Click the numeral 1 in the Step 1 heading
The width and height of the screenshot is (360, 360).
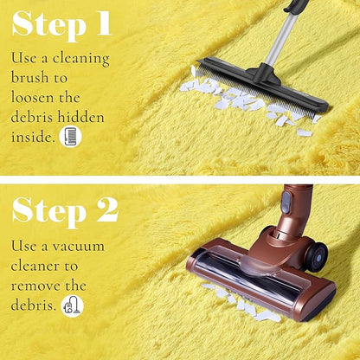pos(104,23)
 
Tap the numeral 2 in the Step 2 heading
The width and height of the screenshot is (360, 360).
pos(107,209)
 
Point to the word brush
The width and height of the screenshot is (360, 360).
pos(29,77)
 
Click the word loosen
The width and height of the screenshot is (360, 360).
pos(32,97)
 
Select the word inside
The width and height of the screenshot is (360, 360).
pos(33,137)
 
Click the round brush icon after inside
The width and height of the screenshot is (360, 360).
pos(70,137)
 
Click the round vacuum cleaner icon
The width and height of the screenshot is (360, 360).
pos(73,306)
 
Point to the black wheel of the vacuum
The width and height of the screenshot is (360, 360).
pos(317,257)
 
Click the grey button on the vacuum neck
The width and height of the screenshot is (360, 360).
pos(286,202)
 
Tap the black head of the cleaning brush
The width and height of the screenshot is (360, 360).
pos(262,83)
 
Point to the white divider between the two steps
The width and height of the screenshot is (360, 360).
pos(180,180)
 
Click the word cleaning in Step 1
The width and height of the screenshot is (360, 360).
pos(81,59)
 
